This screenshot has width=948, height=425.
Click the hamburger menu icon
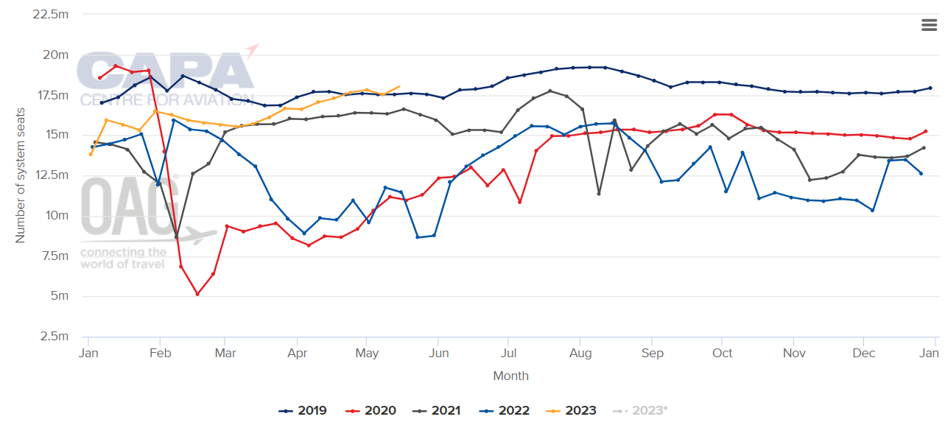click(x=929, y=25)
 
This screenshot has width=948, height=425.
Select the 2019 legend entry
click(x=303, y=410)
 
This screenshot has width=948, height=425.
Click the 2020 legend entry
click(x=371, y=410)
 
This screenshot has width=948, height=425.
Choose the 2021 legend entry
click(x=436, y=410)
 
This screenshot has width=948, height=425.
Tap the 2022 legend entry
click(x=504, y=410)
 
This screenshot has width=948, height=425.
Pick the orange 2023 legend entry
click(x=571, y=410)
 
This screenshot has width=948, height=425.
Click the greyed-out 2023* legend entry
click(x=640, y=410)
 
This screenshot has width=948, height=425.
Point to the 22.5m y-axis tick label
click(x=50, y=15)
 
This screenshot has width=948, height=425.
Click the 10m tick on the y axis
click(x=57, y=216)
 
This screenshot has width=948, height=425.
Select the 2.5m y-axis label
click(x=55, y=336)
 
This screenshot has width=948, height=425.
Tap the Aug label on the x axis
click(x=580, y=353)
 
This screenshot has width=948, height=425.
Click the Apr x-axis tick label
click(x=297, y=353)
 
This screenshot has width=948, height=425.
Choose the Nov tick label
click(x=794, y=353)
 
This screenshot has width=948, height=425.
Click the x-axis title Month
click(x=510, y=376)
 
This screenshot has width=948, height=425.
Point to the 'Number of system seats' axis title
click(x=20, y=175)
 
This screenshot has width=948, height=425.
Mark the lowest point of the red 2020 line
click(x=197, y=294)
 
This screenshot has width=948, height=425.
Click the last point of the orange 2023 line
click(x=399, y=87)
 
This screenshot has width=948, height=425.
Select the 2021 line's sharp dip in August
click(x=599, y=194)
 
